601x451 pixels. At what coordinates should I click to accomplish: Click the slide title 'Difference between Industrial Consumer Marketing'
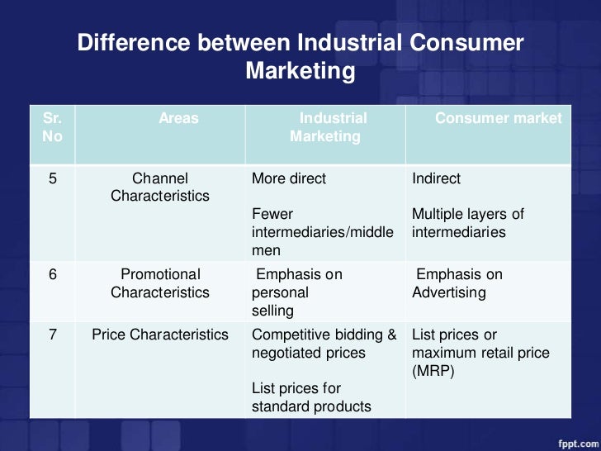300,57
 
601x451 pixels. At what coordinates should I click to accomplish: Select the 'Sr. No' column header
52,127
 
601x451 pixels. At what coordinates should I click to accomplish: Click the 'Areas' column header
178,118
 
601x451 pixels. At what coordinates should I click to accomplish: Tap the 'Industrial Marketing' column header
326,127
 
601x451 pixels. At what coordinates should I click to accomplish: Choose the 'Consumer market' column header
498,118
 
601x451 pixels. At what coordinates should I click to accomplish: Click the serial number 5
52,178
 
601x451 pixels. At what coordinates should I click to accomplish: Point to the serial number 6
52,274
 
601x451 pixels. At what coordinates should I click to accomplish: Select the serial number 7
52,335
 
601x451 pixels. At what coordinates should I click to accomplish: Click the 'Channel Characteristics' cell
160,188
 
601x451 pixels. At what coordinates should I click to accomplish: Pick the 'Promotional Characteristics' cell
160,283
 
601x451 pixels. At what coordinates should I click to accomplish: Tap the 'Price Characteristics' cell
160,335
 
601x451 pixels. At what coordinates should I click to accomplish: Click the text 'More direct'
288,178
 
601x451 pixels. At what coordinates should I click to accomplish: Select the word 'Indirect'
436,178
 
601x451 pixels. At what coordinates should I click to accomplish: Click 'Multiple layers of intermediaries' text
467,224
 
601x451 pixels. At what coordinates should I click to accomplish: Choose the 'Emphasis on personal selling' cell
297,292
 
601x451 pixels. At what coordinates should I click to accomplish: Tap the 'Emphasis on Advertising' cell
458,283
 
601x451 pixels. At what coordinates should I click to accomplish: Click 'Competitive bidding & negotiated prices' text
324,344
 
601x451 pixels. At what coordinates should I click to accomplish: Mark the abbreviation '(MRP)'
432,371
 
